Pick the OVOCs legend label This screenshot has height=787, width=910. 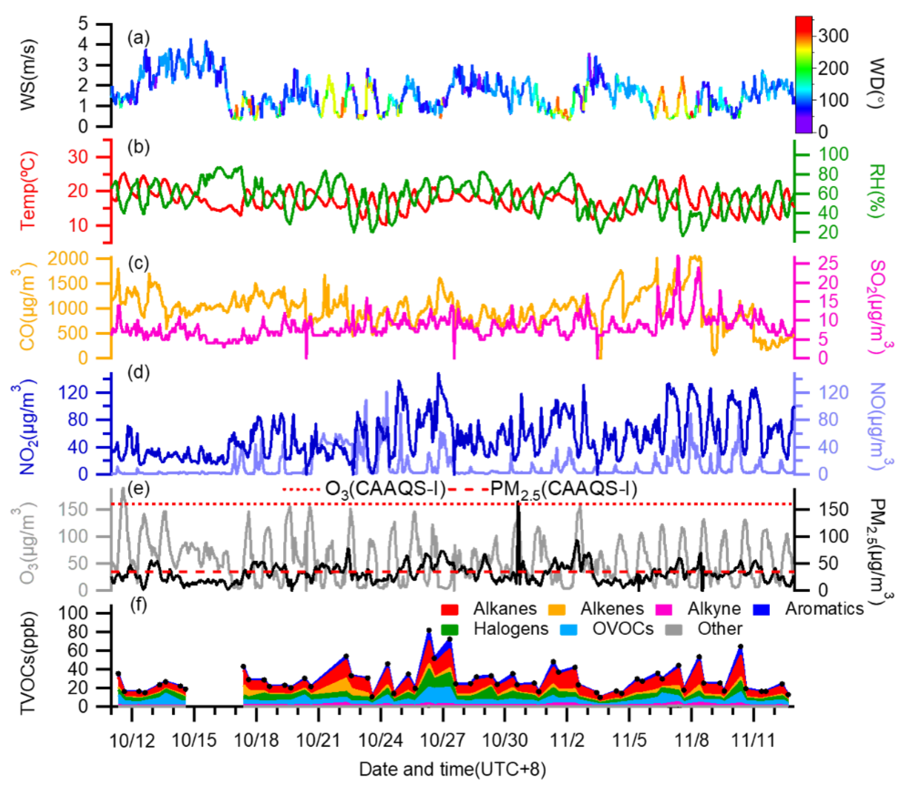point(623,629)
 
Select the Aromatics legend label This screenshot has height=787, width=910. point(824,609)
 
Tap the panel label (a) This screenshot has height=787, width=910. point(138,38)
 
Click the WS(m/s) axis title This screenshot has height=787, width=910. point(28,75)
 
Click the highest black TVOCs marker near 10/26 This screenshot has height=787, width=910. point(429,630)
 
